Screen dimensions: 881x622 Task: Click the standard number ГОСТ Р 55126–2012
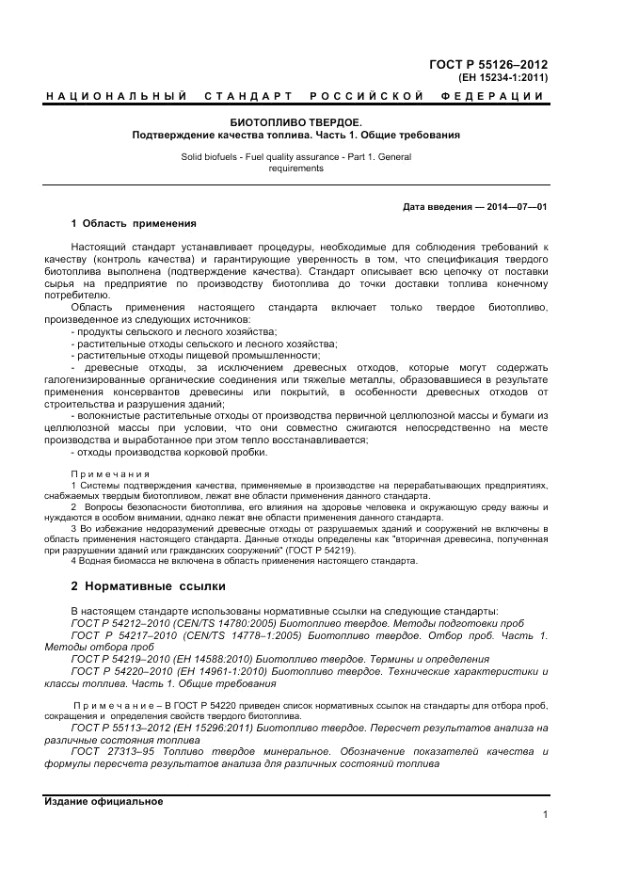click(x=488, y=64)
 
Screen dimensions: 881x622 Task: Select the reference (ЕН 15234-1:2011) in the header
click(x=499, y=78)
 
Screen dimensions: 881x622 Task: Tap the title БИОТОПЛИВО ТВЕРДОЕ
click(x=295, y=122)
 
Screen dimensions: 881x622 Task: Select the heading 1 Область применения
click(x=134, y=223)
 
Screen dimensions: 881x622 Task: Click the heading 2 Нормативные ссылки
click(x=149, y=586)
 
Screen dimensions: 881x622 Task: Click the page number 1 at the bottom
click(x=545, y=815)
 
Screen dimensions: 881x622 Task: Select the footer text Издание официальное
click(x=104, y=801)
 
